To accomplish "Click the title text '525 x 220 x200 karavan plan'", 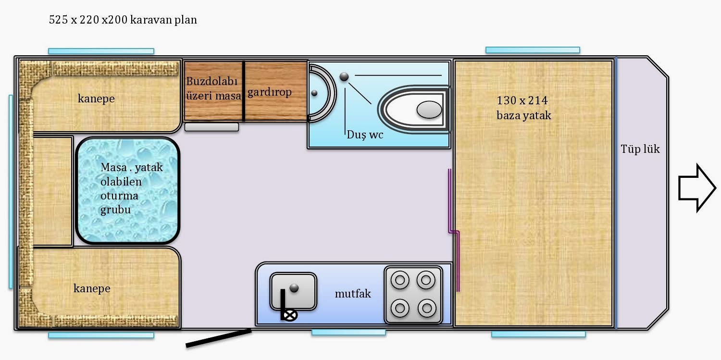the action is pos(123,20).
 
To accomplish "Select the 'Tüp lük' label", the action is pos(640,149).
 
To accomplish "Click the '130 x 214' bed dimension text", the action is pos(522,100).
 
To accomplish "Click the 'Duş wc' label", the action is pos(365,135).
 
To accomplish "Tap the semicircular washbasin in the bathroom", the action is pos(322,93).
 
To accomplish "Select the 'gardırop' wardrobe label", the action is pos(269,92).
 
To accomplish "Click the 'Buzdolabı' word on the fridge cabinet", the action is pos(212,81).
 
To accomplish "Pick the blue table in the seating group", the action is pos(127,190).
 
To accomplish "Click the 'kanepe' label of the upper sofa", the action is pos(96,98).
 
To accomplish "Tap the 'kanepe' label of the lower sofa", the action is pos(92,288).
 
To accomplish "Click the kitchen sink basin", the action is pos(293,291).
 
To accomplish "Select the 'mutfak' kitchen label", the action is pos(353,294).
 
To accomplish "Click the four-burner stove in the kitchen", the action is pos(413,295).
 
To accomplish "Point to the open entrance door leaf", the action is pos(219,338).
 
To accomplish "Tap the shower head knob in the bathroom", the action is pos(344,76).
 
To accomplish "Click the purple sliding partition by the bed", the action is pos(454,230).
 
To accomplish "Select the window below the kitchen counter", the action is pos(348,332).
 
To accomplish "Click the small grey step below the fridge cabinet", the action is pos(211,127).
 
